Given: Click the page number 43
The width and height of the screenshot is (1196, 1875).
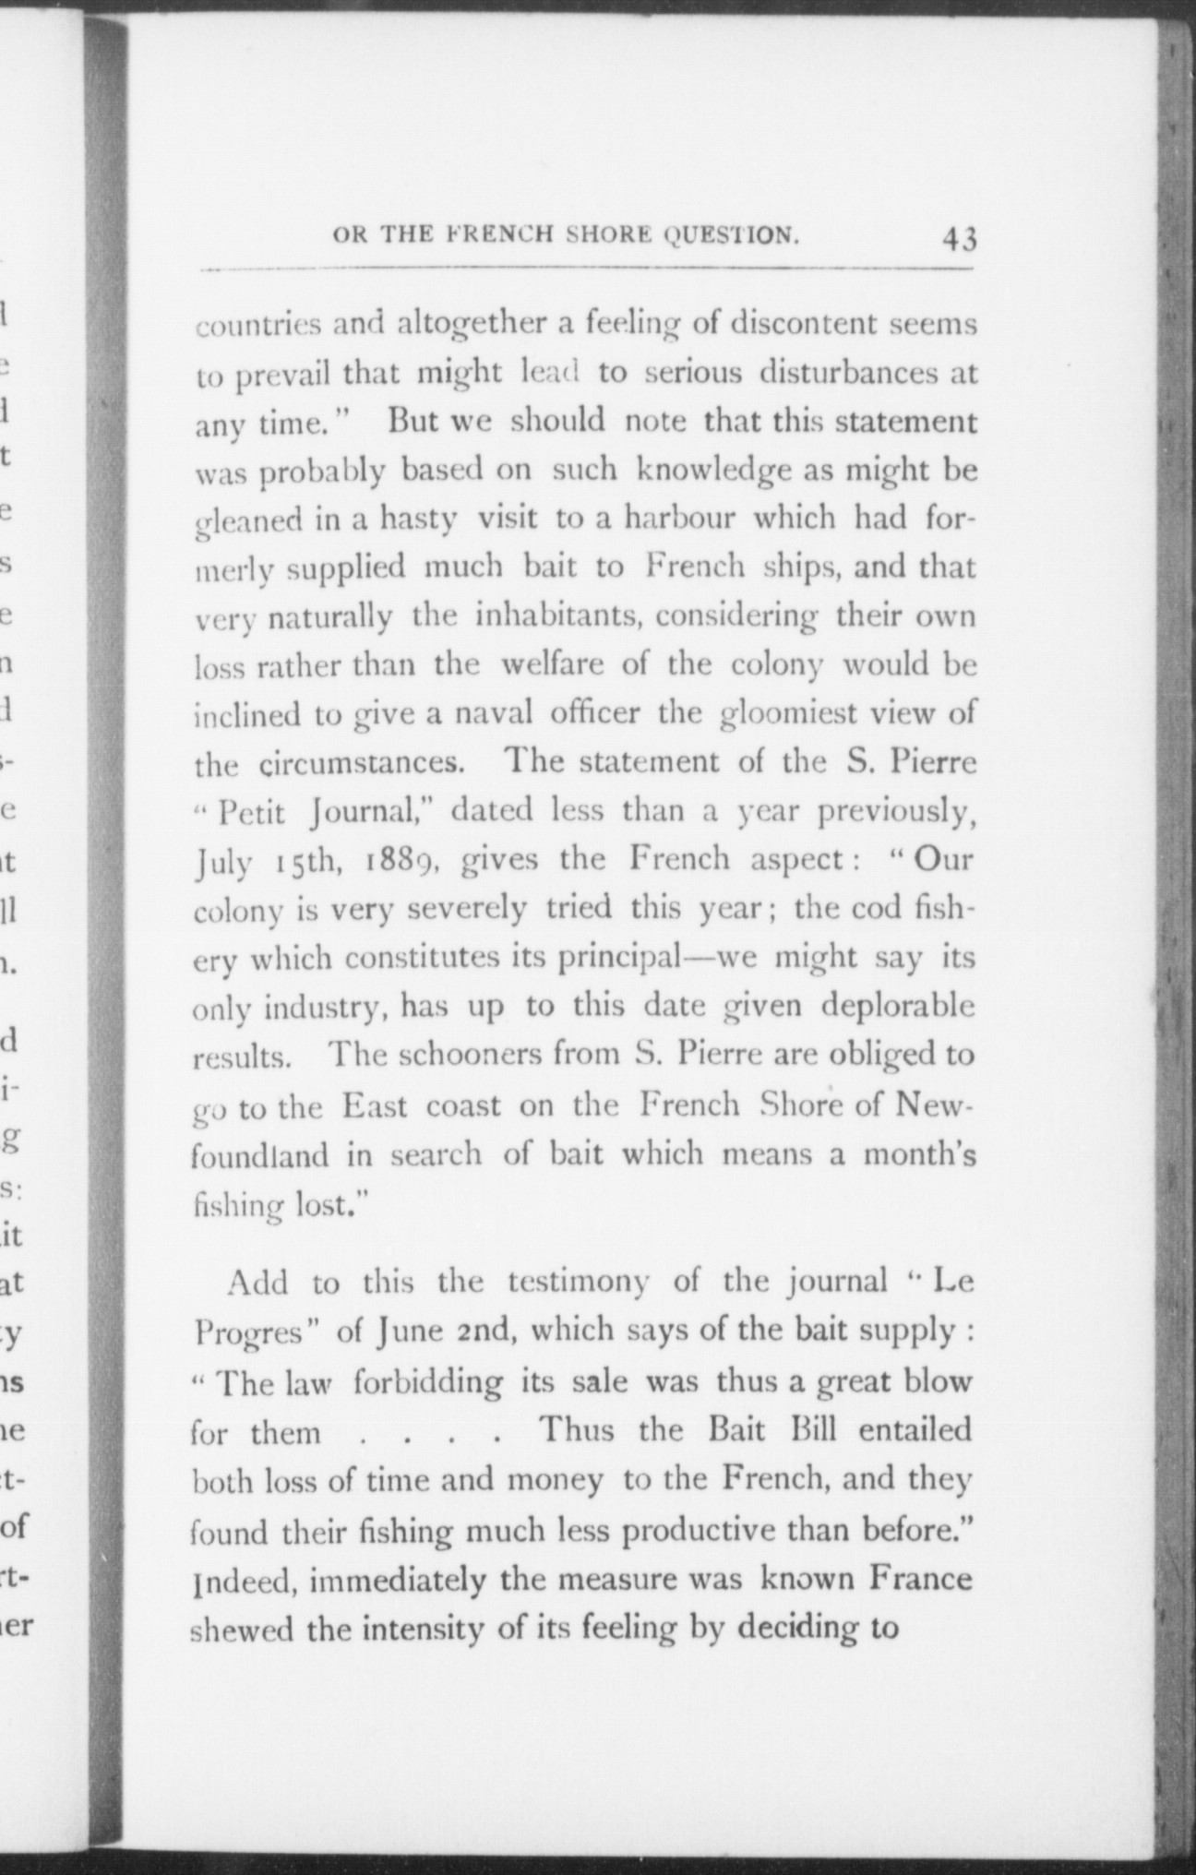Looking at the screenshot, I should click(959, 239).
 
